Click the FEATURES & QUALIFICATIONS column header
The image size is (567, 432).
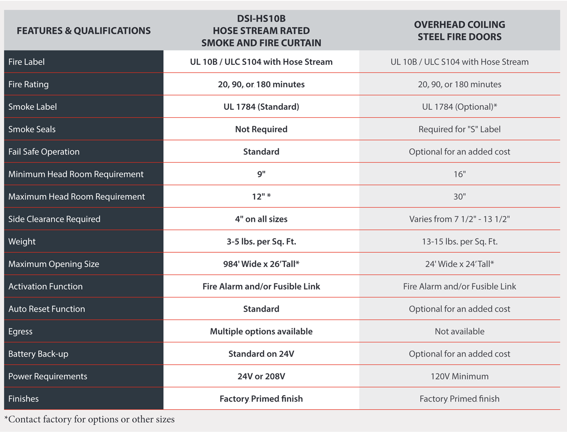click(x=83, y=31)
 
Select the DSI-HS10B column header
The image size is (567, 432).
click(x=261, y=31)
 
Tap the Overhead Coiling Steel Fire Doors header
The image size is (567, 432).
click(x=459, y=31)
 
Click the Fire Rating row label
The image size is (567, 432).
click(x=29, y=84)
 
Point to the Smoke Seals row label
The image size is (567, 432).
click(x=32, y=129)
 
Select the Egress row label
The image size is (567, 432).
click(x=20, y=332)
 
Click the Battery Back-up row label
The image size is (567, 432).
click(x=38, y=354)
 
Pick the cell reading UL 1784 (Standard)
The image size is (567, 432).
click(x=261, y=107)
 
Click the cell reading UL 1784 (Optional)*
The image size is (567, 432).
click(x=459, y=107)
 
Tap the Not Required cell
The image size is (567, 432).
click(x=261, y=129)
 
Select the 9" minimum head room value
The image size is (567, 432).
click(x=261, y=174)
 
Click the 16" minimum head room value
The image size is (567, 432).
click(x=459, y=174)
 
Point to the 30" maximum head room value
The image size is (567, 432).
click(x=459, y=197)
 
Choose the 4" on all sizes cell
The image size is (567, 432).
click(x=261, y=219)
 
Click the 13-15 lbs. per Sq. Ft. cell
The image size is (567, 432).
click(x=459, y=242)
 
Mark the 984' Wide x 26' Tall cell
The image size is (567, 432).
click(x=261, y=264)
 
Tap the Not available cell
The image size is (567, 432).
click(x=459, y=332)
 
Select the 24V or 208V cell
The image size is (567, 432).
click(x=261, y=376)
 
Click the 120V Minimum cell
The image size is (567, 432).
click(x=459, y=376)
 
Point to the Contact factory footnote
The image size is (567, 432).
click(x=90, y=419)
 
